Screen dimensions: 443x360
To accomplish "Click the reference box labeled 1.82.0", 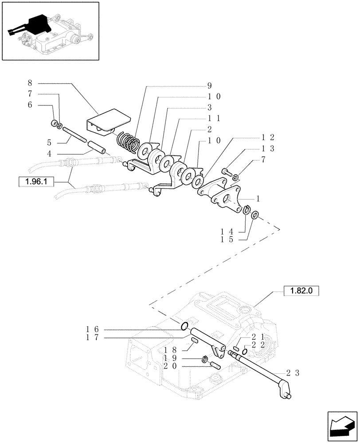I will click(301, 291).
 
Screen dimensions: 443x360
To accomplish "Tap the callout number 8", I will click(30, 83).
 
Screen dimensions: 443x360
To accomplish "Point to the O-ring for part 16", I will click(184, 327).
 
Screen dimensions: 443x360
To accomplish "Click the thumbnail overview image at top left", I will click(50, 31).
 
